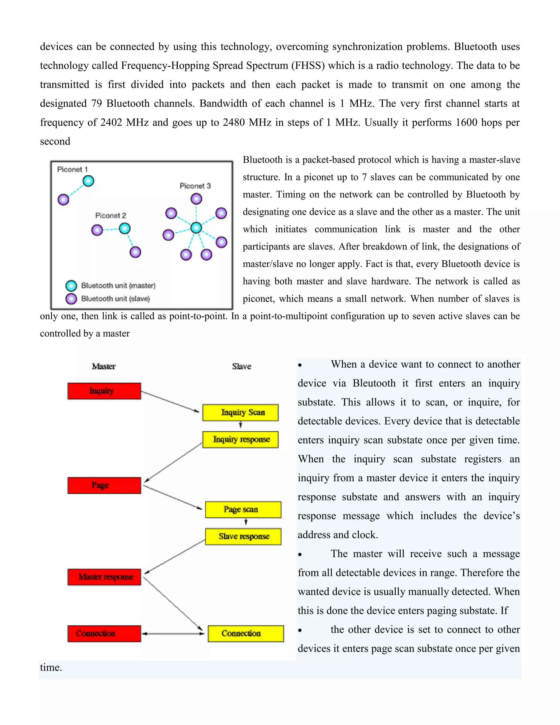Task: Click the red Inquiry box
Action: click(104, 391)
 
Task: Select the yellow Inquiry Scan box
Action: click(240, 412)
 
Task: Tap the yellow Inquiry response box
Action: click(240, 440)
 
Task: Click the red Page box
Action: click(104, 485)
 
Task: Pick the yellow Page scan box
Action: click(243, 510)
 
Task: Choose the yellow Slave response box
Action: click(243, 536)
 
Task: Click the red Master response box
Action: click(104, 577)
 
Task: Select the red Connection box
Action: click(104, 633)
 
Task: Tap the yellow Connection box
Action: click(246, 633)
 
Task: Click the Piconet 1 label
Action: click(72, 169)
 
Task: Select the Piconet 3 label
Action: click(195, 186)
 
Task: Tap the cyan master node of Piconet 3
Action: click(196, 228)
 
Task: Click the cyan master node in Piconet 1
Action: click(88, 181)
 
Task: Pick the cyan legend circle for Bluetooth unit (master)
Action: click(71, 285)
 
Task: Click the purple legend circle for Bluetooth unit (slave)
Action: click(71, 299)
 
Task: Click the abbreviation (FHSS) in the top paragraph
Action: click(308, 65)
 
